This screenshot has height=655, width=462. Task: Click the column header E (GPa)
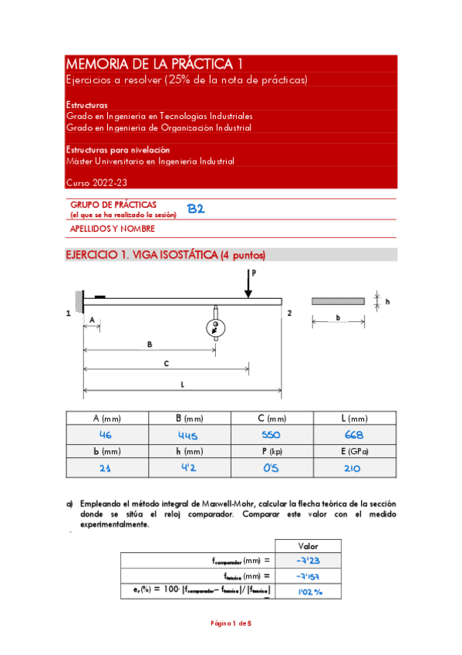pyautogui.click(x=354, y=451)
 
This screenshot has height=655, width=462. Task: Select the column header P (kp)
pyautogui.click(x=271, y=451)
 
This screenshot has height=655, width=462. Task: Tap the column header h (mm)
pyautogui.click(x=187, y=451)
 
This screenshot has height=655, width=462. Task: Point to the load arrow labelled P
pyautogui.click(x=248, y=283)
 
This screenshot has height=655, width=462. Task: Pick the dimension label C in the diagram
pyautogui.click(x=165, y=362)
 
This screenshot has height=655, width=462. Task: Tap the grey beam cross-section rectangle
pyautogui.click(x=337, y=301)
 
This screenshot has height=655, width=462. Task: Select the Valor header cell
pyautogui.click(x=308, y=545)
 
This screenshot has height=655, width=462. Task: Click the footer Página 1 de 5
pyautogui.click(x=231, y=623)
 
